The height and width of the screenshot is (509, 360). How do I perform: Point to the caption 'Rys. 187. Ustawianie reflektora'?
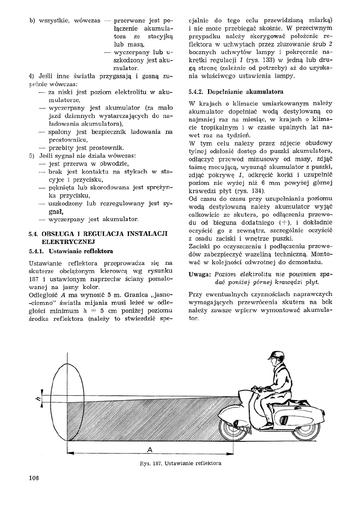180,463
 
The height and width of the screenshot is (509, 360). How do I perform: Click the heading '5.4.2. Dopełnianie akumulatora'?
236,91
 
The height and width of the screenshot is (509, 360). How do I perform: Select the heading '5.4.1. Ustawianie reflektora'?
71,251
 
